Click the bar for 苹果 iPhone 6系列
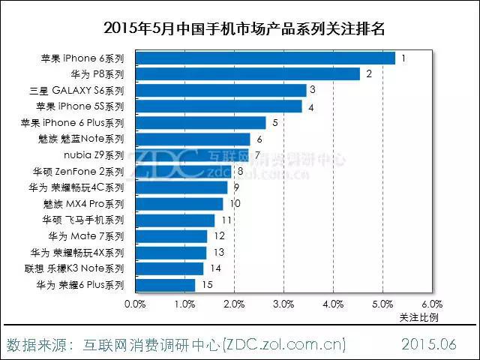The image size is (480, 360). (x=265, y=58)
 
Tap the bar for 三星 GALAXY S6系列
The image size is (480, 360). (x=220, y=90)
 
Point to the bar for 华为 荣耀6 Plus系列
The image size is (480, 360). (x=165, y=285)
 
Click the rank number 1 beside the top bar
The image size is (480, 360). (x=403, y=58)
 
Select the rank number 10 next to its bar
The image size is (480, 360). (x=235, y=204)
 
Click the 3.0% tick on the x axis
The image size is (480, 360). (x=283, y=304)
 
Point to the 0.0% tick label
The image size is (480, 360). (x=135, y=304)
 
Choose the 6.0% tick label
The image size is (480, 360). (x=432, y=304)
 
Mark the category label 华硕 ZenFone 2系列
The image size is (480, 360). (x=83, y=171)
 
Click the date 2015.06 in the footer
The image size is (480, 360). (x=429, y=344)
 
